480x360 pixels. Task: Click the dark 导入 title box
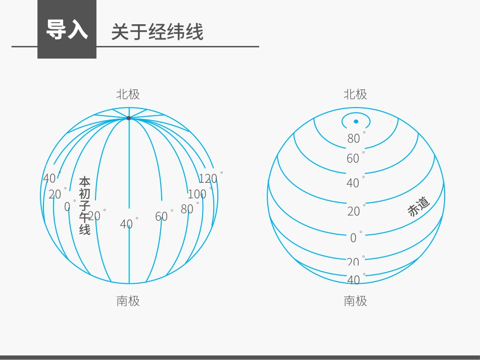(x=67, y=29)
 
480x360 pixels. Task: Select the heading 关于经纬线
(x=157, y=32)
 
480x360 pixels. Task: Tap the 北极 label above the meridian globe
(x=128, y=94)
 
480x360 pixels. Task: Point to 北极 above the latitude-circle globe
(x=355, y=94)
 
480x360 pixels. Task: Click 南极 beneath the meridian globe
(x=128, y=301)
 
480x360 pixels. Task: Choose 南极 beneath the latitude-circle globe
(x=355, y=301)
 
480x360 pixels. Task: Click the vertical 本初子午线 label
(x=84, y=205)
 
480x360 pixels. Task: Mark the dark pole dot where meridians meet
(x=128, y=118)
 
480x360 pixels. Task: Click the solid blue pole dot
(x=356, y=122)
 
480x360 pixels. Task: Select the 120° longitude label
(x=208, y=178)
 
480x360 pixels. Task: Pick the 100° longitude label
(x=198, y=194)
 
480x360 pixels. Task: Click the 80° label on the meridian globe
(x=187, y=209)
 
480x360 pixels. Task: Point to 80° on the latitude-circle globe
(x=354, y=138)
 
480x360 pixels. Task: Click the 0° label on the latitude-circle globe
(x=354, y=237)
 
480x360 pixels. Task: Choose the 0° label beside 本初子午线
(x=68, y=207)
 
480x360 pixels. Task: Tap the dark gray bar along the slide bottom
(x=240, y=357)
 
